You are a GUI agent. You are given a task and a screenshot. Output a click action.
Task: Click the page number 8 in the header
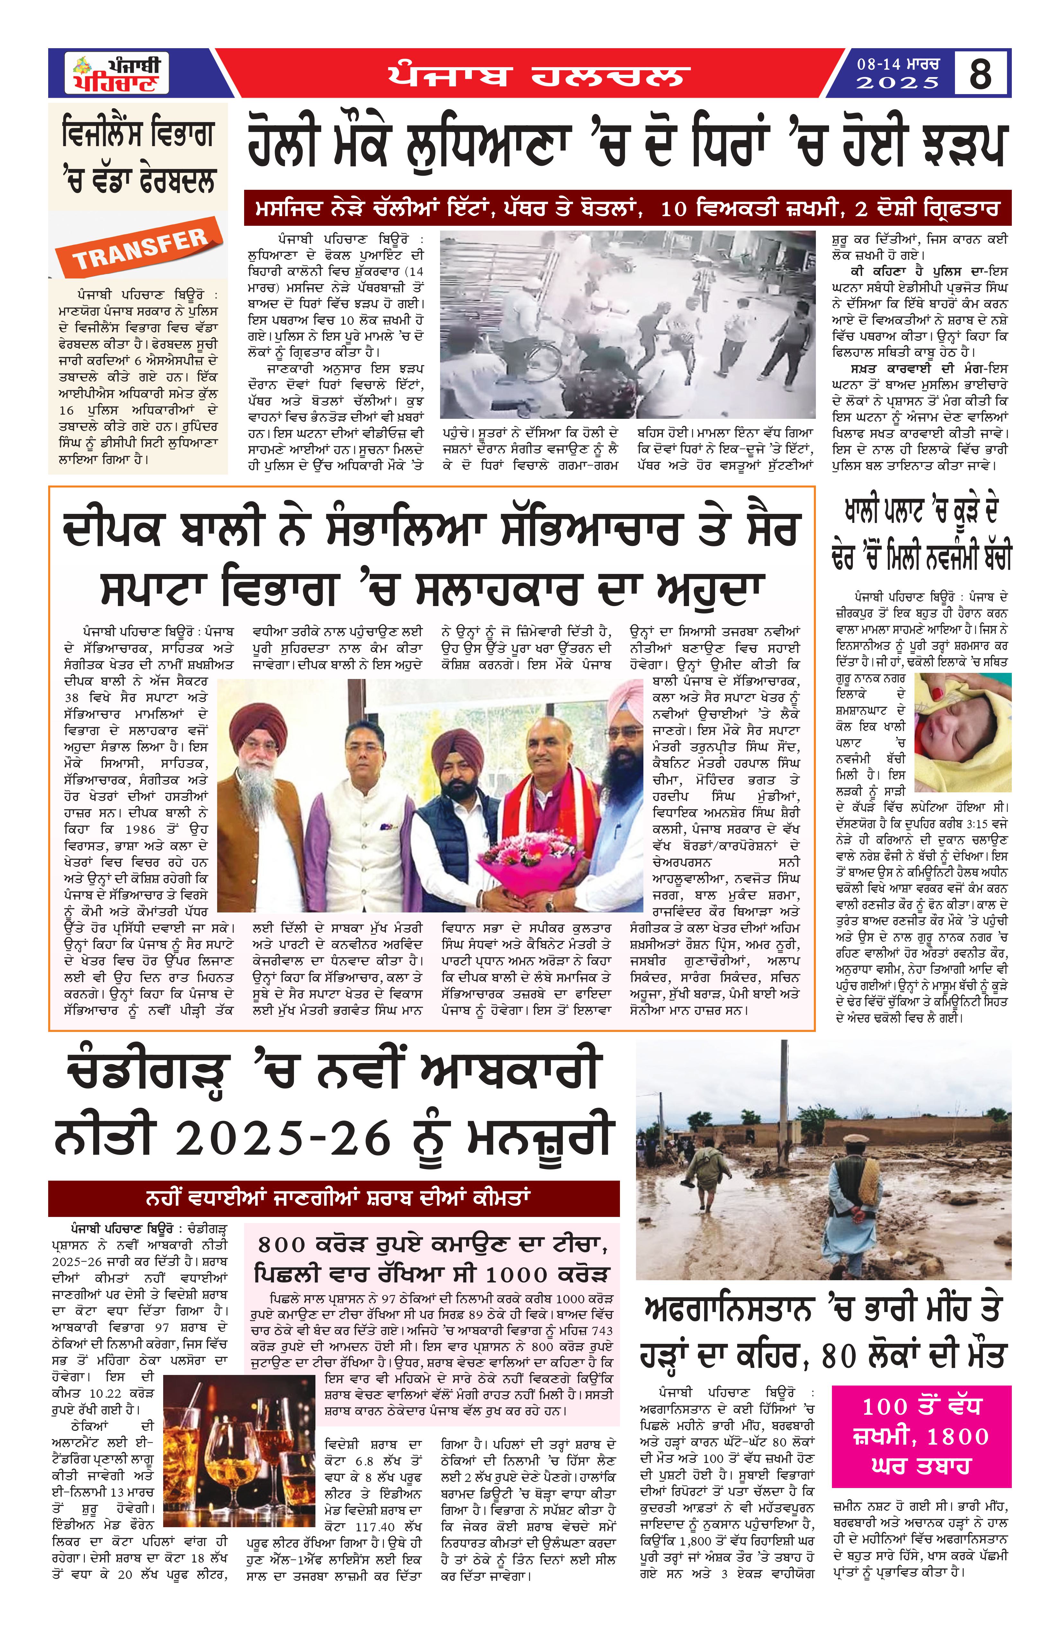(980, 73)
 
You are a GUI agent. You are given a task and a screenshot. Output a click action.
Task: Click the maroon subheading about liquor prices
(334, 1198)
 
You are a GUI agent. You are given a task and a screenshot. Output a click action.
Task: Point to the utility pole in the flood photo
(784, 1108)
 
